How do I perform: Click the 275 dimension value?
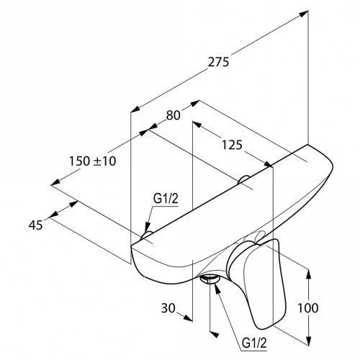click(218, 62)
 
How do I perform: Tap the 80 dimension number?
click(173, 115)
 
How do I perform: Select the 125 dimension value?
click(232, 145)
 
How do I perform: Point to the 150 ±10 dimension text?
click(93, 161)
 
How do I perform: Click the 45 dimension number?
click(36, 225)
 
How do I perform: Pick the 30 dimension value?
click(168, 308)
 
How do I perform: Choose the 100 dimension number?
click(308, 307)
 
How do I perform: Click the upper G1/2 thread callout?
click(166, 199)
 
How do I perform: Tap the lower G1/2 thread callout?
click(254, 343)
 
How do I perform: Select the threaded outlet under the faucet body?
click(210, 279)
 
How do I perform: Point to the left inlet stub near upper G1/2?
click(146, 235)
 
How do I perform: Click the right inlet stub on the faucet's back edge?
click(243, 180)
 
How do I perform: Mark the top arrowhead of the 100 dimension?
click(309, 274)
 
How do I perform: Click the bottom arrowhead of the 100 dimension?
click(309, 341)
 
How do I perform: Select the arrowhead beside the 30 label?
click(188, 318)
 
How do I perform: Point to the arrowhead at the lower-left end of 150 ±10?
click(55, 182)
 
